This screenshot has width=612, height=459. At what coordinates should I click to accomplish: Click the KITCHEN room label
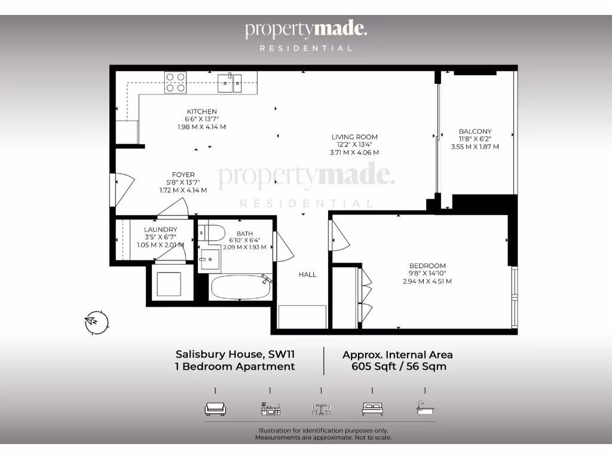(x=201, y=112)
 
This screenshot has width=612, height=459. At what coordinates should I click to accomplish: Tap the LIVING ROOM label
(x=354, y=137)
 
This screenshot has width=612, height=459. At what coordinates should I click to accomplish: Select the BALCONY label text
(x=475, y=131)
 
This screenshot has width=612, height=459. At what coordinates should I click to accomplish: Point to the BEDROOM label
(x=427, y=266)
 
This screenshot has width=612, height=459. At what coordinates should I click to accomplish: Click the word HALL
(x=308, y=275)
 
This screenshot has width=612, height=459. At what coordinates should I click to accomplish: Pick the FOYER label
(x=183, y=175)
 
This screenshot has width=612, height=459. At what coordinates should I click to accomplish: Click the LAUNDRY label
(x=160, y=229)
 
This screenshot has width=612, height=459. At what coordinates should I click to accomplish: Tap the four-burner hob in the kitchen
(x=175, y=82)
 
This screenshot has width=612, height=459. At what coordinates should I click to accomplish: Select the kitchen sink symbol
(x=229, y=83)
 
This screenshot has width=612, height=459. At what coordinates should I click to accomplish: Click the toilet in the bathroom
(x=212, y=232)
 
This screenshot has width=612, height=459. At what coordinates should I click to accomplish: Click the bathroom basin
(x=209, y=259)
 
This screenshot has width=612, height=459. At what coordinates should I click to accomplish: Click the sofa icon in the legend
(x=215, y=409)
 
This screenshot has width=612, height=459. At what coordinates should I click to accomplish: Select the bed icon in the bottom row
(x=372, y=409)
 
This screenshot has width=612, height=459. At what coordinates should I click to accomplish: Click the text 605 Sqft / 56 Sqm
(x=398, y=366)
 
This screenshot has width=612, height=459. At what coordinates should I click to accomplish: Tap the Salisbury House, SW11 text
(x=234, y=354)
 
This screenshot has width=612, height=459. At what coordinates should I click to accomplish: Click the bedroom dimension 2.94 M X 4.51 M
(x=427, y=281)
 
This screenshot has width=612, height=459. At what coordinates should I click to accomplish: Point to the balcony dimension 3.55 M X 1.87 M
(x=475, y=146)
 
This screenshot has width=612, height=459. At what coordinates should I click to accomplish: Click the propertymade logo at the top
(x=305, y=30)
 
